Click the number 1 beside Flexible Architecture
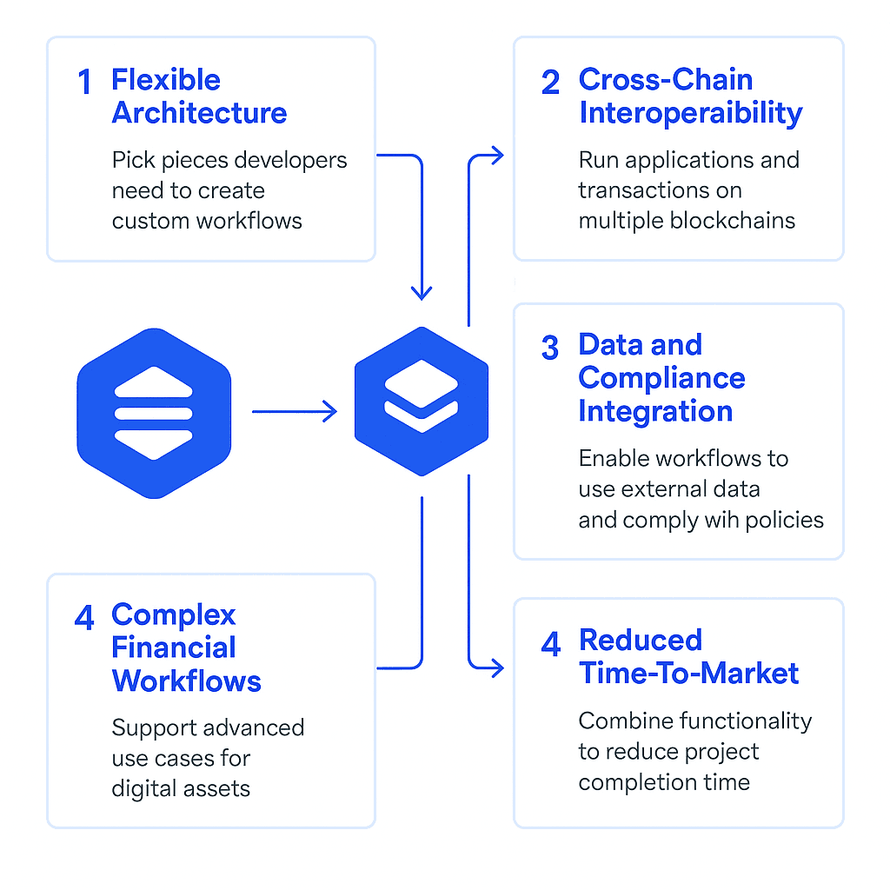pos(84,83)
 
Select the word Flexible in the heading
pos(165,80)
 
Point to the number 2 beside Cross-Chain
pos(551,83)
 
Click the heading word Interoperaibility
pos(690,114)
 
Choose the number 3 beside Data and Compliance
pos(551,348)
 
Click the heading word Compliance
pos(661,378)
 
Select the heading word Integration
pos(655,411)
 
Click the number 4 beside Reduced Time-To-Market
pos(551,644)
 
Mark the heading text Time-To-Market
pos(688,673)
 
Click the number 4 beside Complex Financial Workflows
pos(84,618)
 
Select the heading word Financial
pos(174,648)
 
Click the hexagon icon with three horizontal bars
pos(154,414)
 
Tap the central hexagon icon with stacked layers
pos(422,402)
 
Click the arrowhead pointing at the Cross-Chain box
pos(496,156)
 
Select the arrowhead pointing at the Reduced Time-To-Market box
pos(496,667)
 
